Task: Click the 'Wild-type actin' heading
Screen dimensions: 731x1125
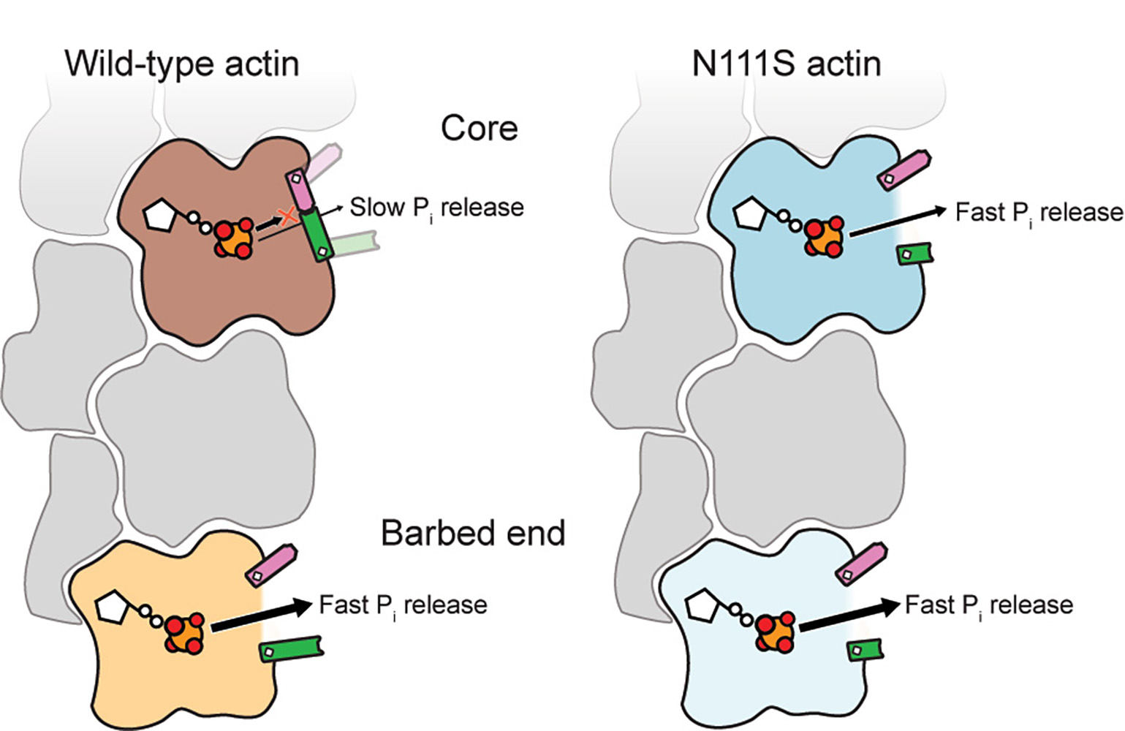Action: [x=182, y=64]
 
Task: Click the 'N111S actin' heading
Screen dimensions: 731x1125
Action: [x=786, y=64]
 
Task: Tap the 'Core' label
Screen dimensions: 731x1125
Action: [x=479, y=129]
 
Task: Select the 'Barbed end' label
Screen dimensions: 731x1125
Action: [x=473, y=534]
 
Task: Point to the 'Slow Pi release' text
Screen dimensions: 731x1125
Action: [x=436, y=208]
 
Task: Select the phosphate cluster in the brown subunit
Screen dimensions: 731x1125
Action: [x=235, y=237]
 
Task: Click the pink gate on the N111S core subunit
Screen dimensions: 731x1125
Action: [x=905, y=169]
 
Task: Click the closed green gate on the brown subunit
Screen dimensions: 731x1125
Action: [x=319, y=234]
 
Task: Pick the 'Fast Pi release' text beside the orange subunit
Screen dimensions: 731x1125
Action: [x=403, y=606]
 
